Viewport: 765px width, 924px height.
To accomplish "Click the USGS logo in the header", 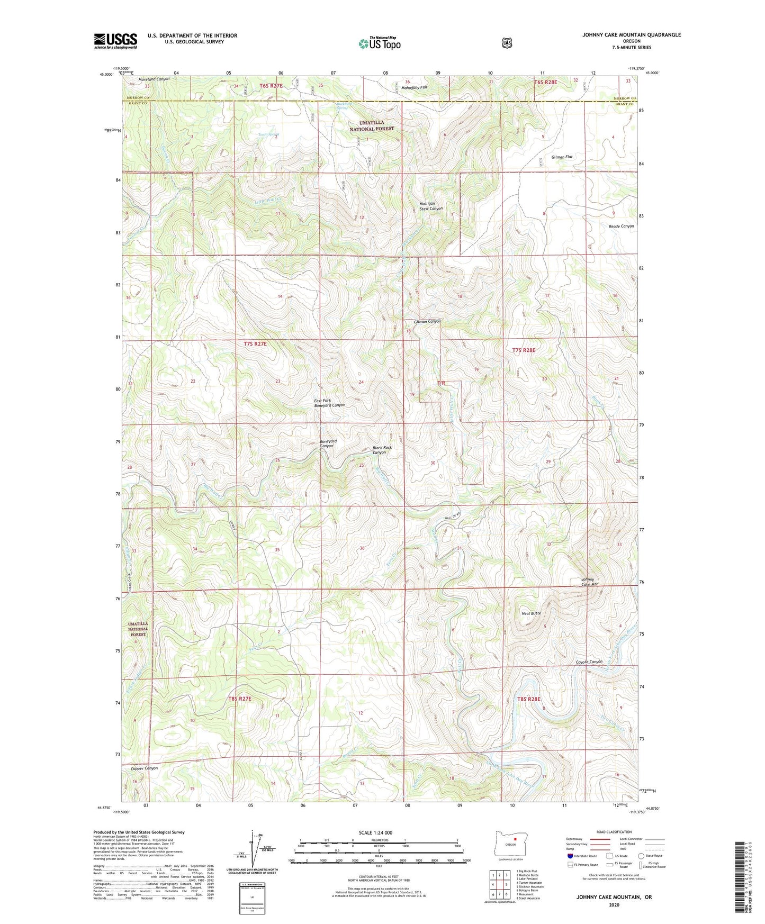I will click(115, 41).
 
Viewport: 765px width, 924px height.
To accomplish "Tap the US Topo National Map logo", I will click(379, 43).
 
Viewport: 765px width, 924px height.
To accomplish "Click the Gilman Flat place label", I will click(562, 157).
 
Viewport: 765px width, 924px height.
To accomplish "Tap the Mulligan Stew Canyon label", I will click(431, 206).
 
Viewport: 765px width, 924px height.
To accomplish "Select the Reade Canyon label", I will click(621, 226).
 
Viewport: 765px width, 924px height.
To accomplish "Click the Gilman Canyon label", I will click(427, 321).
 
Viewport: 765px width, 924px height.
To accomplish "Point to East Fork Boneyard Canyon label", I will click(329, 403).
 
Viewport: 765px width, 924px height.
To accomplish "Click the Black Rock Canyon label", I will click(382, 450).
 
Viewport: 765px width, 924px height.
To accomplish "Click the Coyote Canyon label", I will click(589, 662).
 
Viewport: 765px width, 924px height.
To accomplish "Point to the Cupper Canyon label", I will click(140, 768).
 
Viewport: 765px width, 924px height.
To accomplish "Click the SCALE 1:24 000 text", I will click(375, 832).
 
